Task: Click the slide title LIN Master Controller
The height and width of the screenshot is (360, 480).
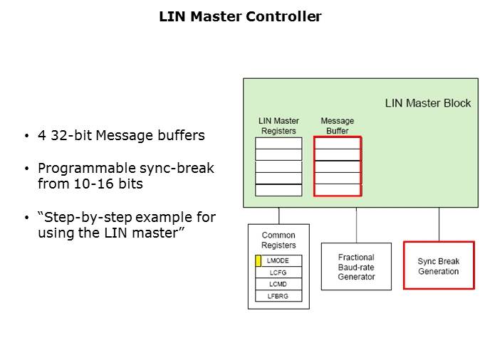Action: coord(240,16)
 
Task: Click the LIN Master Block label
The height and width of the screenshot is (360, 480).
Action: coord(427,103)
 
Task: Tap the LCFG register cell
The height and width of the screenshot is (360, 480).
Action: coord(278,272)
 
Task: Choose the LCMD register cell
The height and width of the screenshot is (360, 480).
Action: coord(278,284)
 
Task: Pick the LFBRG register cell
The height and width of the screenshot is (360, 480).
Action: coord(278,296)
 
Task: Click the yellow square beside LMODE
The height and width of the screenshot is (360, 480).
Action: coord(258,261)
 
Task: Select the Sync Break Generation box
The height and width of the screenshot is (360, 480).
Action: coord(438,266)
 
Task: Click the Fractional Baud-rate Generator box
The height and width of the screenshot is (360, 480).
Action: coord(355,267)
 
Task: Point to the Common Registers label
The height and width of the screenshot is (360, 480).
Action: coord(278,240)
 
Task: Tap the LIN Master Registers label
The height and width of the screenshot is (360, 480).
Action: coord(278,125)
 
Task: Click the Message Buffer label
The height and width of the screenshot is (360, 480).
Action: coord(337,125)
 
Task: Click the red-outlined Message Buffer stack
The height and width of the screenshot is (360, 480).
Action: coord(338,166)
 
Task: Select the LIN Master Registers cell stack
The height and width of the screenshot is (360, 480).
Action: coord(278,166)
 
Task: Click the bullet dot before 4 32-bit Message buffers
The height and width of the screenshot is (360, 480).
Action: coord(26,136)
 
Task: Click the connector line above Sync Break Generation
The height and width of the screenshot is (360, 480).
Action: coord(439,224)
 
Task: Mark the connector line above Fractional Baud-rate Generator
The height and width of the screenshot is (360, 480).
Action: coord(356,225)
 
